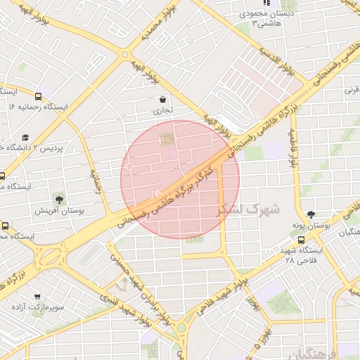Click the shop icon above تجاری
click(163, 100)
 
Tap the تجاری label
click(162, 111)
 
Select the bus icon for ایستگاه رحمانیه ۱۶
click(38, 95)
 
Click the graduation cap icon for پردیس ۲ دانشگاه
click(26, 138)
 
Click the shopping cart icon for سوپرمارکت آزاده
click(37, 297)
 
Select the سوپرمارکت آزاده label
click(37, 308)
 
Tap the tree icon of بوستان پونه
click(311, 214)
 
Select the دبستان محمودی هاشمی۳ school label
click(263, 19)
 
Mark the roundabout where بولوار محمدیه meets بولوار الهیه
click(124, 54)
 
